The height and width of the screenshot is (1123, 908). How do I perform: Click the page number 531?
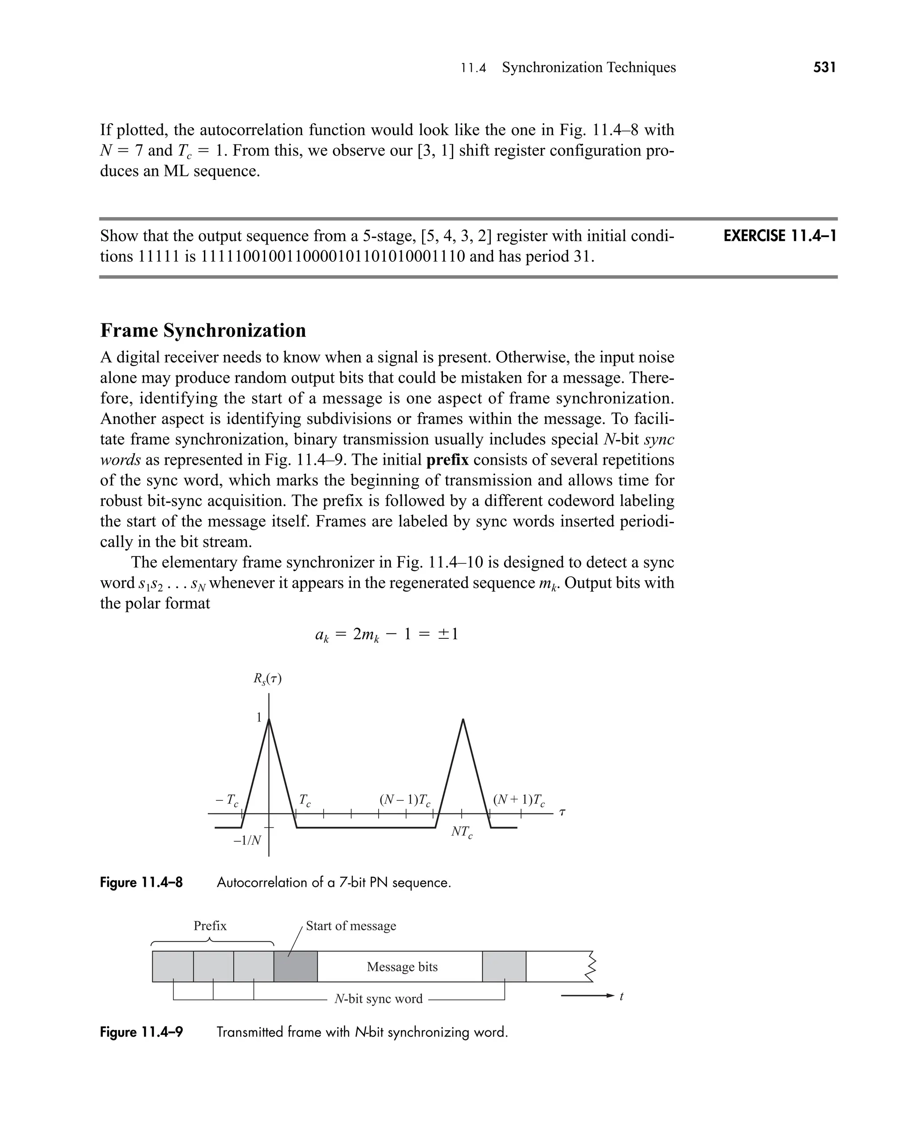point(824,67)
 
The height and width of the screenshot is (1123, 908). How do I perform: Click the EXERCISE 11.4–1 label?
point(780,236)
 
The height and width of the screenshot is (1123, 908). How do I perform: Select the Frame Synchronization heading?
point(203,330)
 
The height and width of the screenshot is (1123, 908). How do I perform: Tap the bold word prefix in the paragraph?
point(447,460)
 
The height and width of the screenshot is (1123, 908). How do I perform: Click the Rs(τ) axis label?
point(267,679)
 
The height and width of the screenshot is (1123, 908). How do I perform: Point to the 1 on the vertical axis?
point(258,718)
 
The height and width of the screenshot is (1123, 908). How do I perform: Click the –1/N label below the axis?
point(247,840)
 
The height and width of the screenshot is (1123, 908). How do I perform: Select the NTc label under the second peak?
point(462,832)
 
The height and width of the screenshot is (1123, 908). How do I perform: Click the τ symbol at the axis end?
point(562,812)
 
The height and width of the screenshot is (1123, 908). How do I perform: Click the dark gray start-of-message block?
point(296,967)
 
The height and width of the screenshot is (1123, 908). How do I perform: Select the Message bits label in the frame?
point(402,967)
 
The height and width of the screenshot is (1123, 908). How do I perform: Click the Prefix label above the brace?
point(210,926)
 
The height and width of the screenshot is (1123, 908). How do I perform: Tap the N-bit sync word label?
point(378,999)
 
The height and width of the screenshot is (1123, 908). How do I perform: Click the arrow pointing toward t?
point(586,996)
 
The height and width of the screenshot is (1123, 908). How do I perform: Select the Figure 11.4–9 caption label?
point(141,1032)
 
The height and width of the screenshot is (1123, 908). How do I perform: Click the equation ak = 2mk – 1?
point(387,634)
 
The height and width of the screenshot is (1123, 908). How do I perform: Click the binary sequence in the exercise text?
point(333,256)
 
